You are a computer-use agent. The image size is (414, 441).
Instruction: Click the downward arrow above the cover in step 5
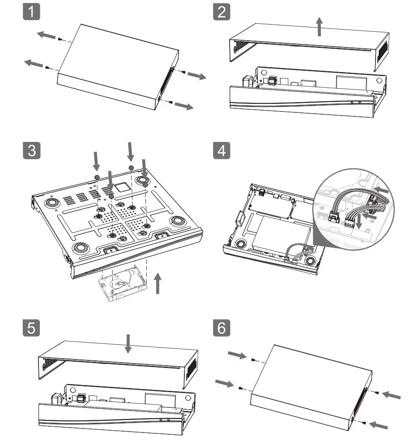(128, 343)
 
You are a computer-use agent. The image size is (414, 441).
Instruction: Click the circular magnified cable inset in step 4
(353, 206)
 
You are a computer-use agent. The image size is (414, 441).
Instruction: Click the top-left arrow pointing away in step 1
(46, 34)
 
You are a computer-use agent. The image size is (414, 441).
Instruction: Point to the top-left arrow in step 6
(237, 355)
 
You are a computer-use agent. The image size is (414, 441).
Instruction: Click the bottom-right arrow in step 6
(378, 424)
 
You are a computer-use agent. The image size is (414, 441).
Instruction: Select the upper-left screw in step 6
(253, 360)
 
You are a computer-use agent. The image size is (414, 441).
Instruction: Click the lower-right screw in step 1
(172, 102)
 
